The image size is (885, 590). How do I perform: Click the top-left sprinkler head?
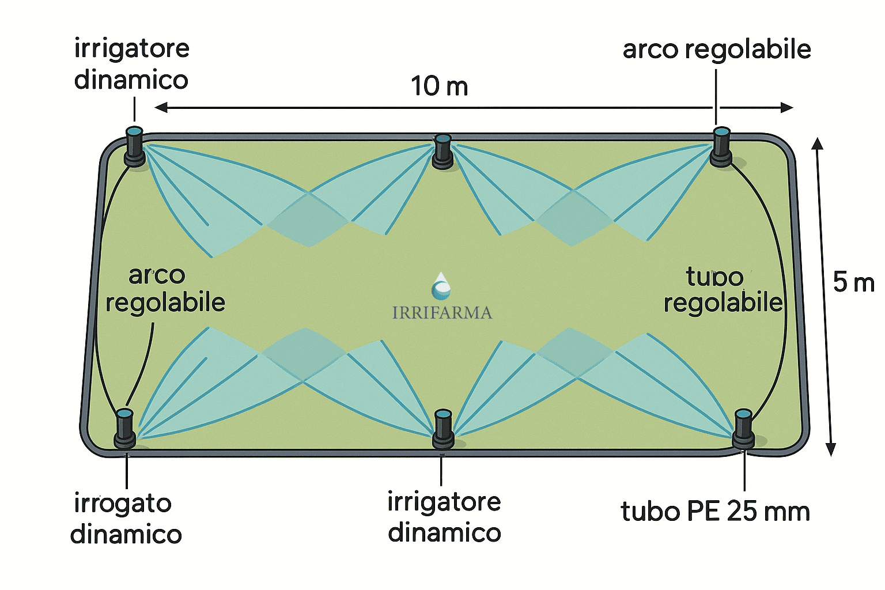(134, 147)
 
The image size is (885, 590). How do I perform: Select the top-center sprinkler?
(442, 151)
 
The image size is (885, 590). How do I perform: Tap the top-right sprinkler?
(721, 147)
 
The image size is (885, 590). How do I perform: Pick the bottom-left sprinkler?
(124, 428)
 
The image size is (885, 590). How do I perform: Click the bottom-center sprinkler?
(442, 429)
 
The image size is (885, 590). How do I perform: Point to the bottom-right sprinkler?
(743, 428)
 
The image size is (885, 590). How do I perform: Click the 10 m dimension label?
(439, 86)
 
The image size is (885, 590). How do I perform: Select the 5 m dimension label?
(853, 282)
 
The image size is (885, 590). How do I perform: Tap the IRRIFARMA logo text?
(442, 313)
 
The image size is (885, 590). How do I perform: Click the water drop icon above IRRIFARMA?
(441, 287)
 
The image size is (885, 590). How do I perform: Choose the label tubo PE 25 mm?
(715, 511)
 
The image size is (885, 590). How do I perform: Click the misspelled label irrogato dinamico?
(126, 519)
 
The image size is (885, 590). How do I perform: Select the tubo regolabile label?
(723, 290)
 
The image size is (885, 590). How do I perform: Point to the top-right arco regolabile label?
(717, 50)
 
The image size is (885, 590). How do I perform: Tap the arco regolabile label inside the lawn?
(164, 289)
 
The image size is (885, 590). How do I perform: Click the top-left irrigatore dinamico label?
(131, 64)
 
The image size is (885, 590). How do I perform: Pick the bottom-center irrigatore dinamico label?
(444, 517)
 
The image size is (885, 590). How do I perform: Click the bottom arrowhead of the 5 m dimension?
(830, 449)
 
